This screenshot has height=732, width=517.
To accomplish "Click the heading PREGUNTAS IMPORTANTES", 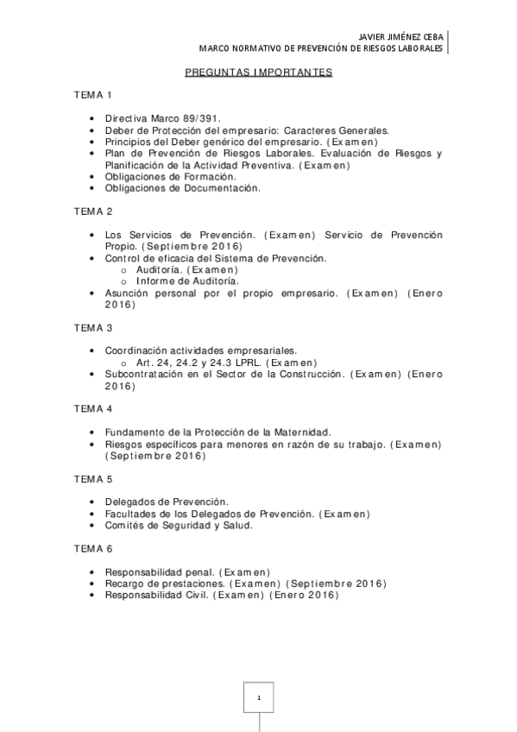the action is (258, 73).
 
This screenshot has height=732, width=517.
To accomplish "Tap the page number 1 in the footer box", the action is (258, 696).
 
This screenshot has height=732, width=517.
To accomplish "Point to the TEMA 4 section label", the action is (92, 408).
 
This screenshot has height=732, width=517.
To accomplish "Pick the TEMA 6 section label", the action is (92, 548).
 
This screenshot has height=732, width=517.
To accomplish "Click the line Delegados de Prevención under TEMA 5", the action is (167, 502).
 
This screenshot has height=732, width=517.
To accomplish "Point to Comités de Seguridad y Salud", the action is (179, 525).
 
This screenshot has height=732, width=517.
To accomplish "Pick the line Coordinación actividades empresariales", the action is (200, 351).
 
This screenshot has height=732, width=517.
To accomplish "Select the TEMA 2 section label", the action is (92, 211).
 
